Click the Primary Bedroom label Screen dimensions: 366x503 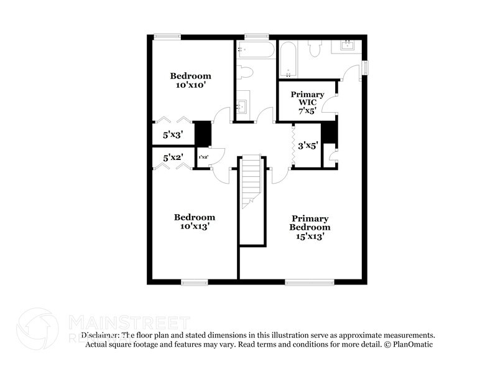click(310, 223)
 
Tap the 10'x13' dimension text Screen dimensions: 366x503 click(194, 227)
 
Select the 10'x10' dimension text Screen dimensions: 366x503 click(191, 85)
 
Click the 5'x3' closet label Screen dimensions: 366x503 click(173, 134)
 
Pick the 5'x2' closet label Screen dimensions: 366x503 click(173, 157)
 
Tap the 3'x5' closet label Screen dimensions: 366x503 click(307, 146)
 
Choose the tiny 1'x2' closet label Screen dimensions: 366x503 click(203, 157)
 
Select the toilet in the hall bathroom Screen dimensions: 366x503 click(246, 72)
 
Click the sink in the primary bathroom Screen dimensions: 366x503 click(347, 45)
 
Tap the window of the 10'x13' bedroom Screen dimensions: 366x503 click(195, 283)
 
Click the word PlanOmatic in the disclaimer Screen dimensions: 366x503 click(413, 344)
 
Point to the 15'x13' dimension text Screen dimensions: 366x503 click(310, 237)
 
